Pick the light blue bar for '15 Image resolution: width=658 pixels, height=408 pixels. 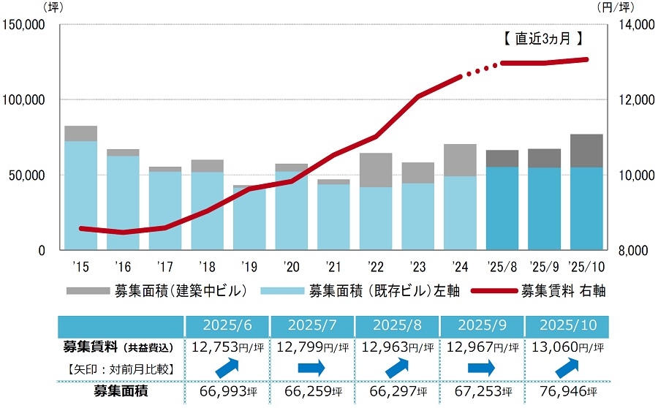[80, 195]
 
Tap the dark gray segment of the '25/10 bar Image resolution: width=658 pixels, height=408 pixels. [586, 151]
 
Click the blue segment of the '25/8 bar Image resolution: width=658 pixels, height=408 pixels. [502, 208]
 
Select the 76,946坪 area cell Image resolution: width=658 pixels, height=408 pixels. [565, 393]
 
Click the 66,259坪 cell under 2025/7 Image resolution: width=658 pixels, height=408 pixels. [311, 393]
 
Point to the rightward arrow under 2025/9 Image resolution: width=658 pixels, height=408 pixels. [480, 367]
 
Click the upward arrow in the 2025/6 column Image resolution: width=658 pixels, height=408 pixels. [227, 366]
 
